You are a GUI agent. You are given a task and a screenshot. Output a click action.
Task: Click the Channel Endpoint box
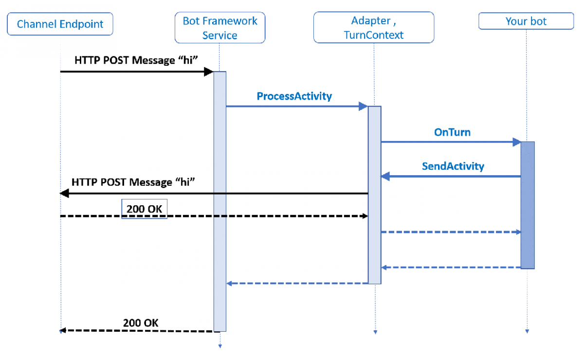pyautogui.click(x=60, y=24)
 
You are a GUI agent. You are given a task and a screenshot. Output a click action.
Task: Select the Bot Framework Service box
pyautogui.click(x=220, y=28)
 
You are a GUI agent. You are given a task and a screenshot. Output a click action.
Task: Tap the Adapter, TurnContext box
pyautogui.click(x=373, y=28)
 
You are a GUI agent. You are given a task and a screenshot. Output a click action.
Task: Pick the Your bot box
pyautogui.click(x=526, y=21)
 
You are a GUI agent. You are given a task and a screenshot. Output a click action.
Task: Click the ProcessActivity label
pyautogui.click(x=294, y=96)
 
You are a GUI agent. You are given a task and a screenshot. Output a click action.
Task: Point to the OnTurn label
pyautogui.click(x=452, y=132)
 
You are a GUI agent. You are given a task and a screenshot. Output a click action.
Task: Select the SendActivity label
pyautogui.click(x=453, y=166)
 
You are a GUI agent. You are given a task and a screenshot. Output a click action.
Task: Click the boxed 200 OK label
pyautogui.click(x=144, y=209)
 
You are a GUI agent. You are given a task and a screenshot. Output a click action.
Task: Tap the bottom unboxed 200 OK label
pyautogui.click(x=140, y=323)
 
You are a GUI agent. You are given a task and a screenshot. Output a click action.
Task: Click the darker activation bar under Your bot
pyautogui.click(x=528, y=204)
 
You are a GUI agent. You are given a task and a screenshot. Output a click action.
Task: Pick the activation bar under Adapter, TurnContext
pyautogui.click(x=374, y=195)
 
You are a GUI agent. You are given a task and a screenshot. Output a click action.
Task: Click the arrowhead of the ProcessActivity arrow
pyautogui.click(x=364, y=106)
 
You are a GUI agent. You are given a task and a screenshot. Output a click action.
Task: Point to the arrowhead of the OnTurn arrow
pyautogui.click(x=517, y=142)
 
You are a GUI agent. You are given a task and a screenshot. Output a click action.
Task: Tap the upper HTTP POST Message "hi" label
pyautogui.click(x=136, y=60)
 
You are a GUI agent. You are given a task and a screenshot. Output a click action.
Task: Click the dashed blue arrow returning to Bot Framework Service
pyautogui.click(x=297, y=283)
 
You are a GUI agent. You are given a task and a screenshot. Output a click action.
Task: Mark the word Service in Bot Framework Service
pyautogui.click(x=220, y=35)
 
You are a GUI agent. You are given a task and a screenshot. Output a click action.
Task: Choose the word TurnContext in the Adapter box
pyautogui.click(x=374, y=35)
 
